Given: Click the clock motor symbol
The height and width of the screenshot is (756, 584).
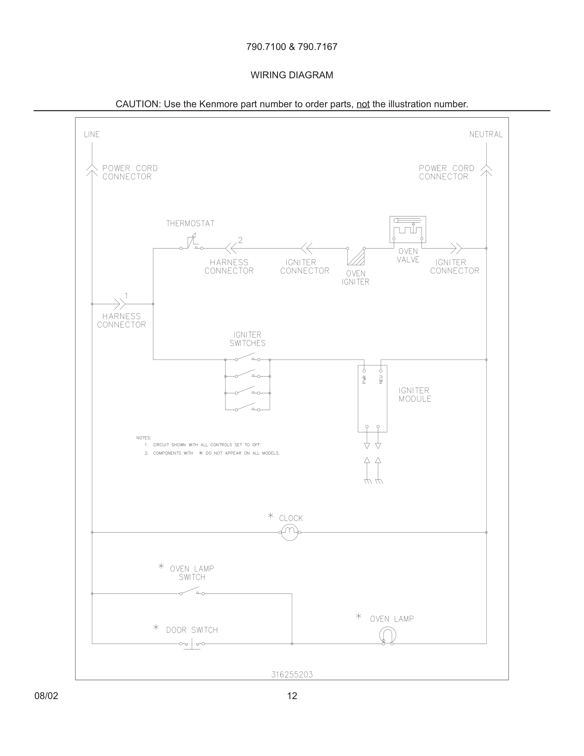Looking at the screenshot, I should tap(289, 532).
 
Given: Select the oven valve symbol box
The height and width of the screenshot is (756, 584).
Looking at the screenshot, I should tap(407, 229).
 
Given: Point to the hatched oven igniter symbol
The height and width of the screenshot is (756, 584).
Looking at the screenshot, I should tap(356, 257).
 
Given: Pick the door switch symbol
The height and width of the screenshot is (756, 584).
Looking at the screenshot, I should tap(192, 644).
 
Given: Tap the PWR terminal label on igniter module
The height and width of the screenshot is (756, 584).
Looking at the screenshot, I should tap(364, 380).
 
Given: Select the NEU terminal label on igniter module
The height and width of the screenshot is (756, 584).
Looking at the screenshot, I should tap(381, 379).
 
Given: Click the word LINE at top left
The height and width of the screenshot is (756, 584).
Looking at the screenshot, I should tap(92, 134).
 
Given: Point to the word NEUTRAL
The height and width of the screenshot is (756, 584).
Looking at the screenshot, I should tap(486, 134).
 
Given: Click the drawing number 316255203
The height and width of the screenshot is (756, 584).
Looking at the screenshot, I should tap(292, 675).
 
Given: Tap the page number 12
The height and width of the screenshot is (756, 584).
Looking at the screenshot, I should tap(292, 696).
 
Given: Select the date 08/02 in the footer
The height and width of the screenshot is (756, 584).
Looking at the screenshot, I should tap(46, 696).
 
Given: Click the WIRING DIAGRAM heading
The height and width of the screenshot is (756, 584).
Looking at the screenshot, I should tap(292, 75).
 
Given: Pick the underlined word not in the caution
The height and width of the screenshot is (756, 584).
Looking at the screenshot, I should tap(363, 104).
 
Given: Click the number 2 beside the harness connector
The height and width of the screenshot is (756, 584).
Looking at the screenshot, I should tap(240, 240).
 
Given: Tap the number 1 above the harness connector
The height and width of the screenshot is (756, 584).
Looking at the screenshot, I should tap(126, 296).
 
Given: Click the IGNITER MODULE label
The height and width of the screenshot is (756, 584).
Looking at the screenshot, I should tap(415, 395).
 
